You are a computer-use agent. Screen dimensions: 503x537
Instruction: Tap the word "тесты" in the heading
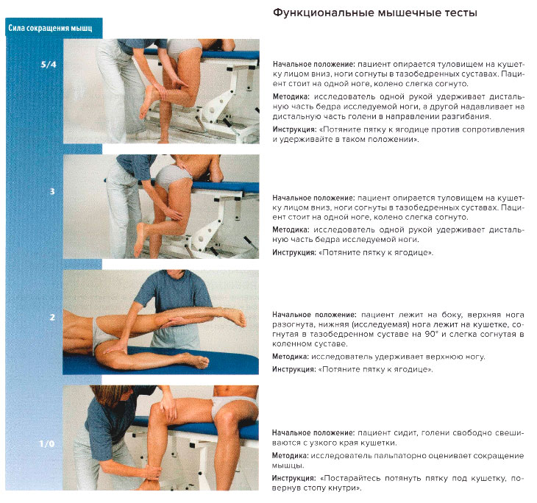[x=456, y=13]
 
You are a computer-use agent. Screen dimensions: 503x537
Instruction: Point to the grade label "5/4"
[x=49, y=65]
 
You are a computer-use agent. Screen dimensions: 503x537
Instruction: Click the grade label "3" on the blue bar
[x=51, y=192]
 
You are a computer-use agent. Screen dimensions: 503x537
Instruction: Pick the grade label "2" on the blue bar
[x=51, y=318]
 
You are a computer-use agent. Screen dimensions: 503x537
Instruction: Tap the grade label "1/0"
[x=48, y=444]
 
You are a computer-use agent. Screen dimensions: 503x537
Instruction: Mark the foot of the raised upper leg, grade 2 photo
[x=235, y=317]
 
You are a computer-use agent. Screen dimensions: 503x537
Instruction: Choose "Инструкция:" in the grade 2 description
[x=294, y=369]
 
